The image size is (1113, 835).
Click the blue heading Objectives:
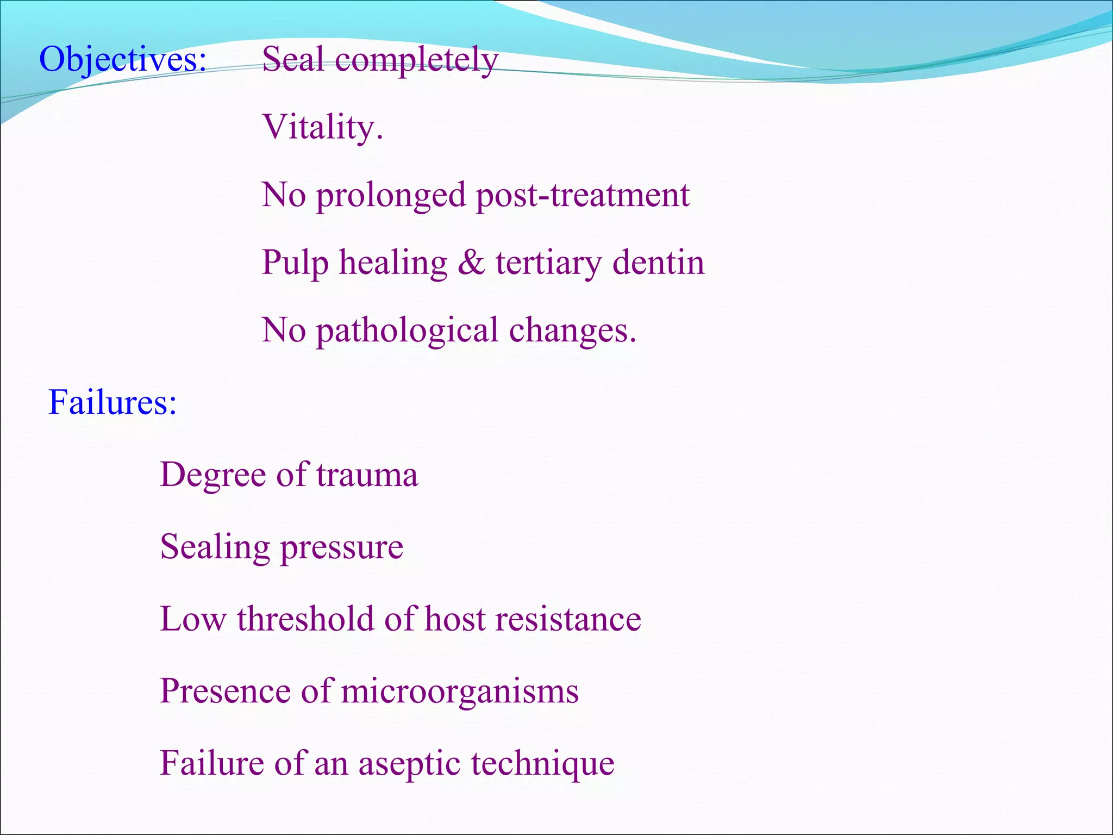pos(123,60)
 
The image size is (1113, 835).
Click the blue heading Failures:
pos(112,403)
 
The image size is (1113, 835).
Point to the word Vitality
pos(322,127)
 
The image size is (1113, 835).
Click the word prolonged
pos(391,195)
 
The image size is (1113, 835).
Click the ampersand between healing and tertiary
pos(471,263)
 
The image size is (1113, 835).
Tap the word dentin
pos(658,263)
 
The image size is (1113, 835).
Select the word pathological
pos(407,331)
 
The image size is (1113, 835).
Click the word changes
pos(572,331)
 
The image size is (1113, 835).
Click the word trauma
pos(367,475)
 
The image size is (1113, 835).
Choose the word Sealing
pos(215,547)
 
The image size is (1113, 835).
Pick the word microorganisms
pos(460,691)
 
